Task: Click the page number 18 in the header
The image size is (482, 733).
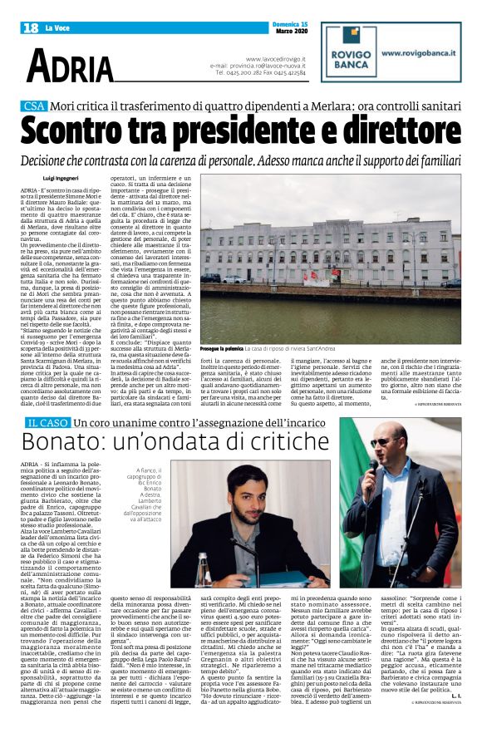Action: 29,27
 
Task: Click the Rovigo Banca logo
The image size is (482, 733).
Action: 349,54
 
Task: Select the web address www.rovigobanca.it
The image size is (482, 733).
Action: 425,52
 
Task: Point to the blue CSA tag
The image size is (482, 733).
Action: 34,106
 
